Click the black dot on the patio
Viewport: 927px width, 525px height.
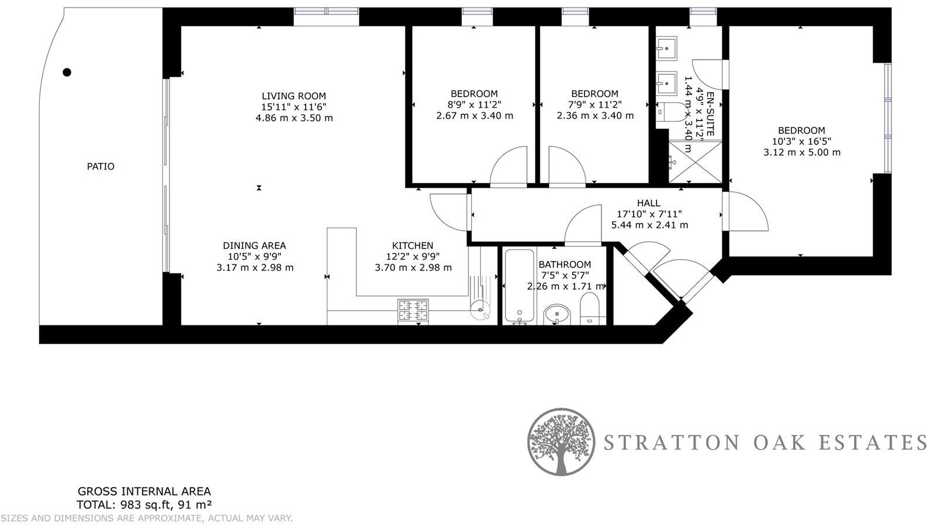[67, 73]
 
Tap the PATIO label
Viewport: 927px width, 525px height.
[101, 166]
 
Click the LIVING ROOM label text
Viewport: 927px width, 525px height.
[293, 96]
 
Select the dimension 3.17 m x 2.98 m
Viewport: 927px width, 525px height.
[255, 267]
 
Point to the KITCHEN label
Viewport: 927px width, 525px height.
[413, 246]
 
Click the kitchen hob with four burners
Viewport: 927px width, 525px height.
[413, 311]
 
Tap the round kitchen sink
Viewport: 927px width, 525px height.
[481, 312]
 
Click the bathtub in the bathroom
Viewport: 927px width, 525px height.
[520, 287]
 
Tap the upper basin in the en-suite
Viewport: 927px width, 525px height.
[666, 46]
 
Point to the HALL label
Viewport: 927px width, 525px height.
[649, 203]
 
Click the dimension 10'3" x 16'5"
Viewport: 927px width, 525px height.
[801, 141]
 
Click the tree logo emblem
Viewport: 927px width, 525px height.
[561, 441]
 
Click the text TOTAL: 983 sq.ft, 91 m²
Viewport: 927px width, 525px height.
[144, 505]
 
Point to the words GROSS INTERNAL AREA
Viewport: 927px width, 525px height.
[144, 492]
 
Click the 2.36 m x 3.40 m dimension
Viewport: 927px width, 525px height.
[595, 115]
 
